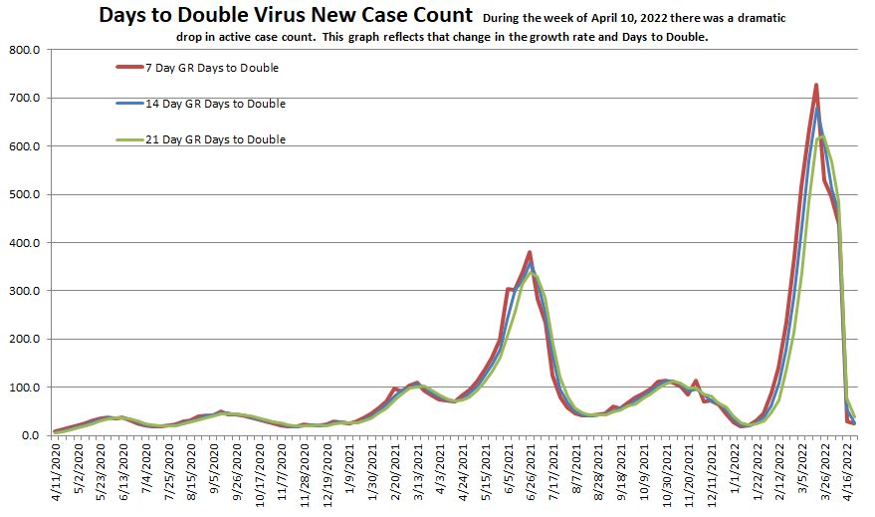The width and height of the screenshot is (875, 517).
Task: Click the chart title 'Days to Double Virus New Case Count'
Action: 285,15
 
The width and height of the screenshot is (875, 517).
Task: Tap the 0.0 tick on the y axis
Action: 27,435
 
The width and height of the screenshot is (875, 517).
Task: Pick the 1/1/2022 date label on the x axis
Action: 734,476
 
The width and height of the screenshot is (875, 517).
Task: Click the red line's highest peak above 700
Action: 816,86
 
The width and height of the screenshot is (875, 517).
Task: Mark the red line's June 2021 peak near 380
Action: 530,252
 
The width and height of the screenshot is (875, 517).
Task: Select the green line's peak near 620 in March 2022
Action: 821,137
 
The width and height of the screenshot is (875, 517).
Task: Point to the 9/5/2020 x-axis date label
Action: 218,476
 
